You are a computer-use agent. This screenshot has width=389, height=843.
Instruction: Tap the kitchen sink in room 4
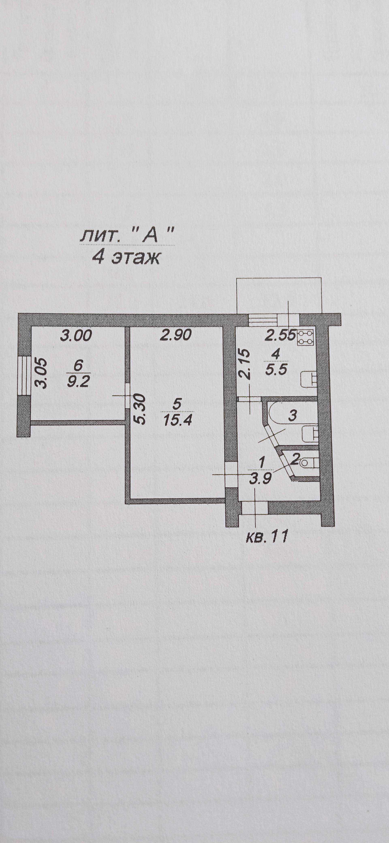(x=309, y=379)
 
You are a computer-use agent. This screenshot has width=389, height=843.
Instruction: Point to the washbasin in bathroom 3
(x=309, y=433)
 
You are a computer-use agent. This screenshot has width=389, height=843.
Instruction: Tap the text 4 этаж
(x=125, y=258)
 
